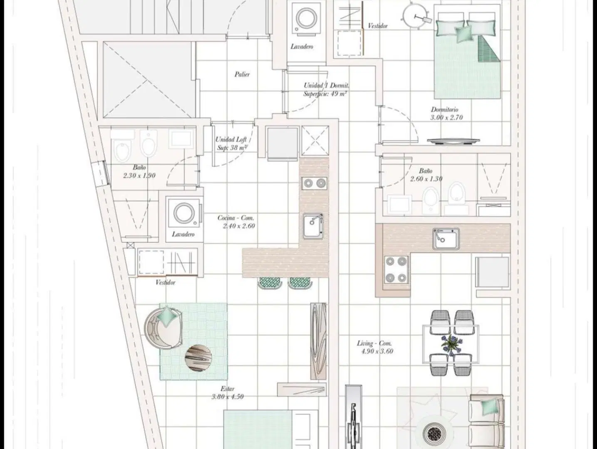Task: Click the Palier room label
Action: point(242,74)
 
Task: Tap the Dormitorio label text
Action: point(444,109)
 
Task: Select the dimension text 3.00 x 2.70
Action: point(446,118)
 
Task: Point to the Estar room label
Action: point(228,389)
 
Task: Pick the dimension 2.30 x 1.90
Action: point(139,175)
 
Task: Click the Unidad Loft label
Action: point(231,140)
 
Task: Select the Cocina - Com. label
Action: point(236,218)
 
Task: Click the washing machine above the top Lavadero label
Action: point(306,19)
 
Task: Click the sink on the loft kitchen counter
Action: point(313,226)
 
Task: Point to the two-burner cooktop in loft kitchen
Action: point(314,183)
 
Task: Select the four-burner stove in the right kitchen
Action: point(396,270)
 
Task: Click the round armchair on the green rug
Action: point(163,328)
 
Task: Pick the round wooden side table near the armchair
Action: point(198,358)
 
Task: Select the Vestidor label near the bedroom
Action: point(377,26)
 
